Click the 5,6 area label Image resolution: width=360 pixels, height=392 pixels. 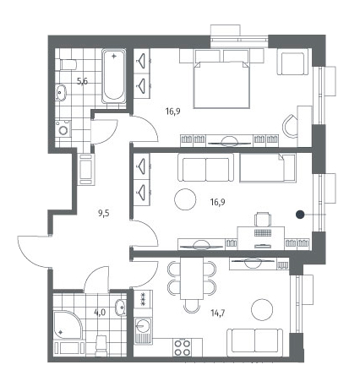pos(83,81)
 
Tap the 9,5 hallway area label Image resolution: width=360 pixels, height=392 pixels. pos(103,214)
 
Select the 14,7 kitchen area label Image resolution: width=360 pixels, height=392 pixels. pos(218,313)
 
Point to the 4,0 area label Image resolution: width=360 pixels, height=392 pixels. pos(100,313)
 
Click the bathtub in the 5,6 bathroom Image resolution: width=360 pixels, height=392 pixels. pos(114,76)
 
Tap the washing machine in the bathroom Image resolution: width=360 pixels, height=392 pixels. pos(63,129)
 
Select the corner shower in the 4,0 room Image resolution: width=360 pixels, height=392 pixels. pos(68,324)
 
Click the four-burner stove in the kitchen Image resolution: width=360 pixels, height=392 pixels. pos(183,347)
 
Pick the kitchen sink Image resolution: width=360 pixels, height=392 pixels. pos(143,330)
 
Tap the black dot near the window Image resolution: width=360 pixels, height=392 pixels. pos(300,215)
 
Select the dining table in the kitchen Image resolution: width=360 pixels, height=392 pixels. pos(192,279)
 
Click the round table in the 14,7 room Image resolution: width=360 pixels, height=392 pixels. pos(262,309)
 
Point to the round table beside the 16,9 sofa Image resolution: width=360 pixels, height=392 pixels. pos(185,199)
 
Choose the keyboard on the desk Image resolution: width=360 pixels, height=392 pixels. pos(263,233)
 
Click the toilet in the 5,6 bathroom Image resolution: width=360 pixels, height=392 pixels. pos(68,65)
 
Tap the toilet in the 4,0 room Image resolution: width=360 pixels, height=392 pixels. pos(101,345)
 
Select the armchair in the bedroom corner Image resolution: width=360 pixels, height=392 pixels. pos(292,63)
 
